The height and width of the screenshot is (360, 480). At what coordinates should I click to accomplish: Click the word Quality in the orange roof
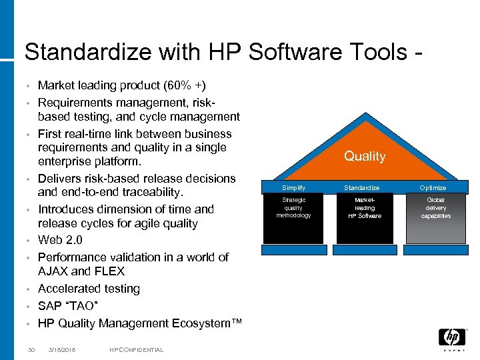pos(365,156)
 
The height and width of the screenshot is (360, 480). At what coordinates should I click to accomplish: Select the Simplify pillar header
pos(293,188)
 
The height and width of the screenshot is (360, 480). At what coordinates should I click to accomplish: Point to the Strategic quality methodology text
pos(293,207)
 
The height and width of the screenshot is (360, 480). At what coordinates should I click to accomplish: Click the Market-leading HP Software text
pos(365,207)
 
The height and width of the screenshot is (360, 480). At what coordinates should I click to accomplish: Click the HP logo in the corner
pos(451,338)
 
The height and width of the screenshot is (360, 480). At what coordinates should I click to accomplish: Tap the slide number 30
pos(31,350)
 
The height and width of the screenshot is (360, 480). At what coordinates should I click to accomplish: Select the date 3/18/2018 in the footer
pos(62,350)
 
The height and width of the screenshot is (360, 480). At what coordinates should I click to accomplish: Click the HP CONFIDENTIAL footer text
pos(136,350)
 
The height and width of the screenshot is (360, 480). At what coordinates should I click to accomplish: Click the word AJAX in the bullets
pos(53,271)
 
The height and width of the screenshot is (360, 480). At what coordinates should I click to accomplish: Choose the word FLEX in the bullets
pos(110,271)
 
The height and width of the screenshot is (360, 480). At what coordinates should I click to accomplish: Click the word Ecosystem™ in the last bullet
pos(200,323)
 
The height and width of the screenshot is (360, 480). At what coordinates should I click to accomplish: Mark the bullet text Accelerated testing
pos(89,289)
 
